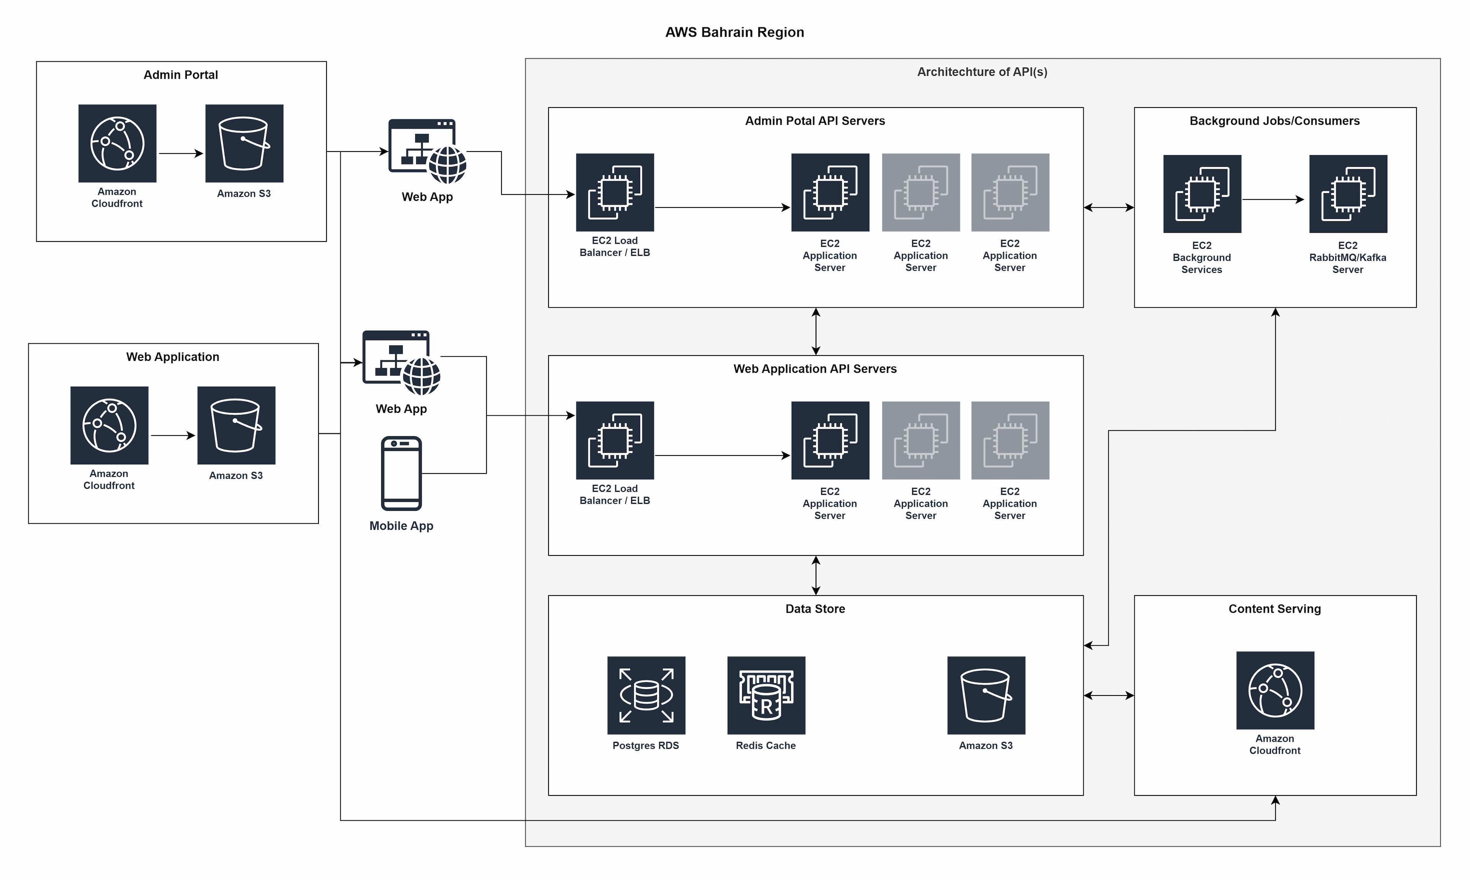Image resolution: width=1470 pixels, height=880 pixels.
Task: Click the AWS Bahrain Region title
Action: point(734,32)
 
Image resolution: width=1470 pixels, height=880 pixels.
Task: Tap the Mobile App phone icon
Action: point(402,473)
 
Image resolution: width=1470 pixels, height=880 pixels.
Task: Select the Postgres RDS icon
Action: point(646,695)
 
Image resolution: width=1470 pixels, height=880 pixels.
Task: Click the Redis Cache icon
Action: point(766,695)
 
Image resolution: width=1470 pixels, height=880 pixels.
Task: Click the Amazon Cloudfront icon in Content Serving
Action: point(1275,690)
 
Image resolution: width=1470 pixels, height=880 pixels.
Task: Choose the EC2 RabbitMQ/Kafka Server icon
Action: point(1348,194)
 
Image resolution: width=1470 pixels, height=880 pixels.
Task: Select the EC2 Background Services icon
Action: point(1202,194)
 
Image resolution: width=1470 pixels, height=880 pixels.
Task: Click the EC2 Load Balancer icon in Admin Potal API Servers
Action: point(615,192)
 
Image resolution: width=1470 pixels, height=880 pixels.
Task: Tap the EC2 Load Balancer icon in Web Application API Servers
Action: point(615,440)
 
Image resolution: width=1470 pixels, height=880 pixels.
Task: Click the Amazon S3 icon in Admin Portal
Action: point(244,144)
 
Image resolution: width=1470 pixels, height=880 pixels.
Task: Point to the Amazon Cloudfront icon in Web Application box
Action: point(109,425)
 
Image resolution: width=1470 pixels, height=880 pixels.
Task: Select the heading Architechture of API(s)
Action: point(982,72)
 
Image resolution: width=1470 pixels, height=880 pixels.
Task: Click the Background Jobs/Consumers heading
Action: point(1274,121)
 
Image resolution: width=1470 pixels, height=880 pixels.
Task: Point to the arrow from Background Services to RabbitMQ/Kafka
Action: point(1274,200)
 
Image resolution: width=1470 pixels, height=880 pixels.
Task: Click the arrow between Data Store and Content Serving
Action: point(1108,696)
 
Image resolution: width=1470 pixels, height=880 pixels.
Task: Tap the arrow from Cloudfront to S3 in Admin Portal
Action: point(181,153)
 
